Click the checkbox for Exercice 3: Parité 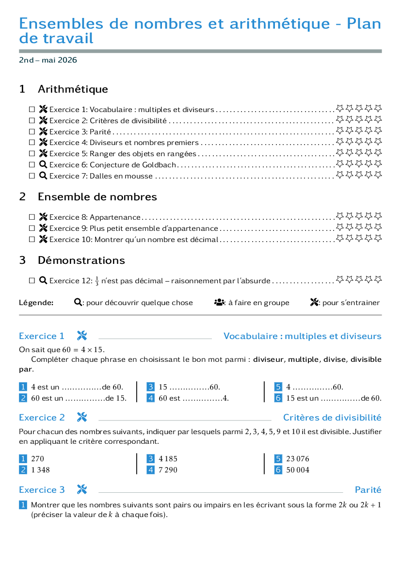tap(32, 131)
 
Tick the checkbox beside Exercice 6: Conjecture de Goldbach tap(32, 165)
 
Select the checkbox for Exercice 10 tap(32, 240)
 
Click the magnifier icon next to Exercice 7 tap(43, 176)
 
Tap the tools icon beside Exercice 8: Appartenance tap(43, 217)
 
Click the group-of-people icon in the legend tap(220, 302)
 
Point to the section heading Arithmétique tap(73, 89)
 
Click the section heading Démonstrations tap(81, 260)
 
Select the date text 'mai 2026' tap(59, 60)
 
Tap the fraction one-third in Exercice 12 tap(97, 281)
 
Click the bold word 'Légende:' tap(36, 303)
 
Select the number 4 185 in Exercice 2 tap(168, 459)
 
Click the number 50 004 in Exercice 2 tap(298, 470)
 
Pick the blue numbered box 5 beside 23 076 tap(278, 459)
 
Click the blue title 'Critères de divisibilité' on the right tap(332, 418)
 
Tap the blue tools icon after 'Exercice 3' tap(82, 489)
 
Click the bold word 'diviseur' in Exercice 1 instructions tap(269, 359)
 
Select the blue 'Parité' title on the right tap(368, 490)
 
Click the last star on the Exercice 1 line tap(378, 109)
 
